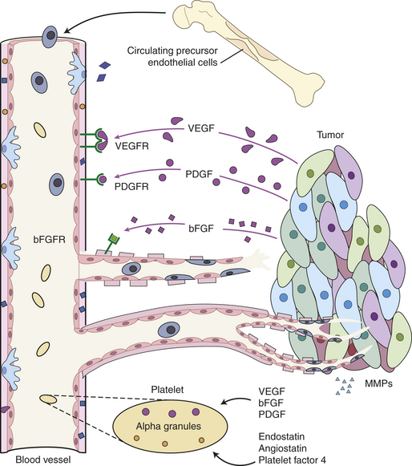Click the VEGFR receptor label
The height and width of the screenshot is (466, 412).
pos(132,146)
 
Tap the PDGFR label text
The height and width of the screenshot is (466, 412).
pos(131,187)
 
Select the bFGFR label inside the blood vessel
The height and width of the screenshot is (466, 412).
pos(50,240)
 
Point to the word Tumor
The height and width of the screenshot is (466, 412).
pos(330,135)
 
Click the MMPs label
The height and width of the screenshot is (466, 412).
pos(378,383)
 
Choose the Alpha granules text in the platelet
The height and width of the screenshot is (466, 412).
pos(168,426)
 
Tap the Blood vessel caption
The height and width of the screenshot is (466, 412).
pos(43,460)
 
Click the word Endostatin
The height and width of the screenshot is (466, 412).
pos(281,436)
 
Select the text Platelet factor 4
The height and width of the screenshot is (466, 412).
pos(293,460)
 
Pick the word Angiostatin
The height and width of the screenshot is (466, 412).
pos(283,448)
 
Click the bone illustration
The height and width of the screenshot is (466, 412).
pos(248,52)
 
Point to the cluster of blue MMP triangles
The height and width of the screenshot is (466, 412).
pos(345,386)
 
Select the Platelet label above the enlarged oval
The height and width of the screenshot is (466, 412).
pos(168,389)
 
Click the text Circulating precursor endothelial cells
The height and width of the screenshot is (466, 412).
pos(172,56)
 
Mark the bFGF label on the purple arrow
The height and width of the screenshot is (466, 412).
pos(201,229)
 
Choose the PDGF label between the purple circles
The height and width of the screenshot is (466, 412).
pos(199,174)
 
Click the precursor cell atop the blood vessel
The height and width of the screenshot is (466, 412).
pos(50,35)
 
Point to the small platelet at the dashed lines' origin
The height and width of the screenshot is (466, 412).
pos(48,399)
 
